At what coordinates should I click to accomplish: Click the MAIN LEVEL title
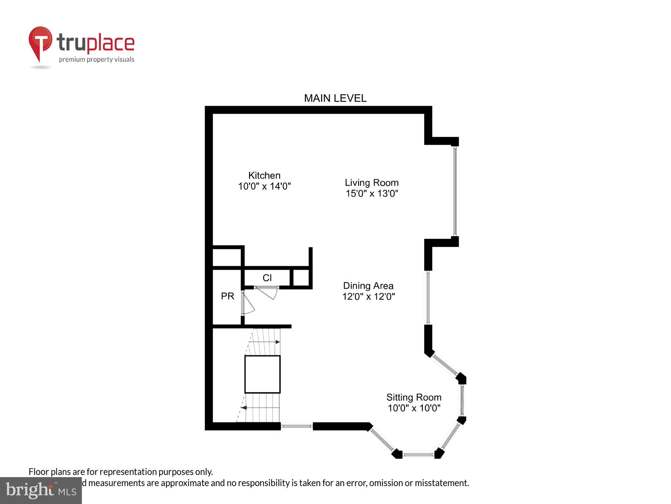pos(335,98)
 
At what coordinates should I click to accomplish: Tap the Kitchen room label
pos(264,175)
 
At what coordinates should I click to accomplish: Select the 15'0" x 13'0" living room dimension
pos(372,194)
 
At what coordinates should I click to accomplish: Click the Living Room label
pos(372,183)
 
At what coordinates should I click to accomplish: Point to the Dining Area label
pos(368,286)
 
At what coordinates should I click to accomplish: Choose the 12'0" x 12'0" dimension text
pos(368,297)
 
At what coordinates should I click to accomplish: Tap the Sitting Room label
pos(414,397)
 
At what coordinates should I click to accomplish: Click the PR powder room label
pos(227,296)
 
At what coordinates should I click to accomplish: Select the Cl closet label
pos(267,278)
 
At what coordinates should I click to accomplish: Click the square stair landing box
pos(262,374)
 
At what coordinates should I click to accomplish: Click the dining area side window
pos(428,297)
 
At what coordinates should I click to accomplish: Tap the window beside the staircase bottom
pos(297,426)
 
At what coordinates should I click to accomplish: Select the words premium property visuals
pos(97,60)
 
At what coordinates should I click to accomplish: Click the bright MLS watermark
pos(41,491)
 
